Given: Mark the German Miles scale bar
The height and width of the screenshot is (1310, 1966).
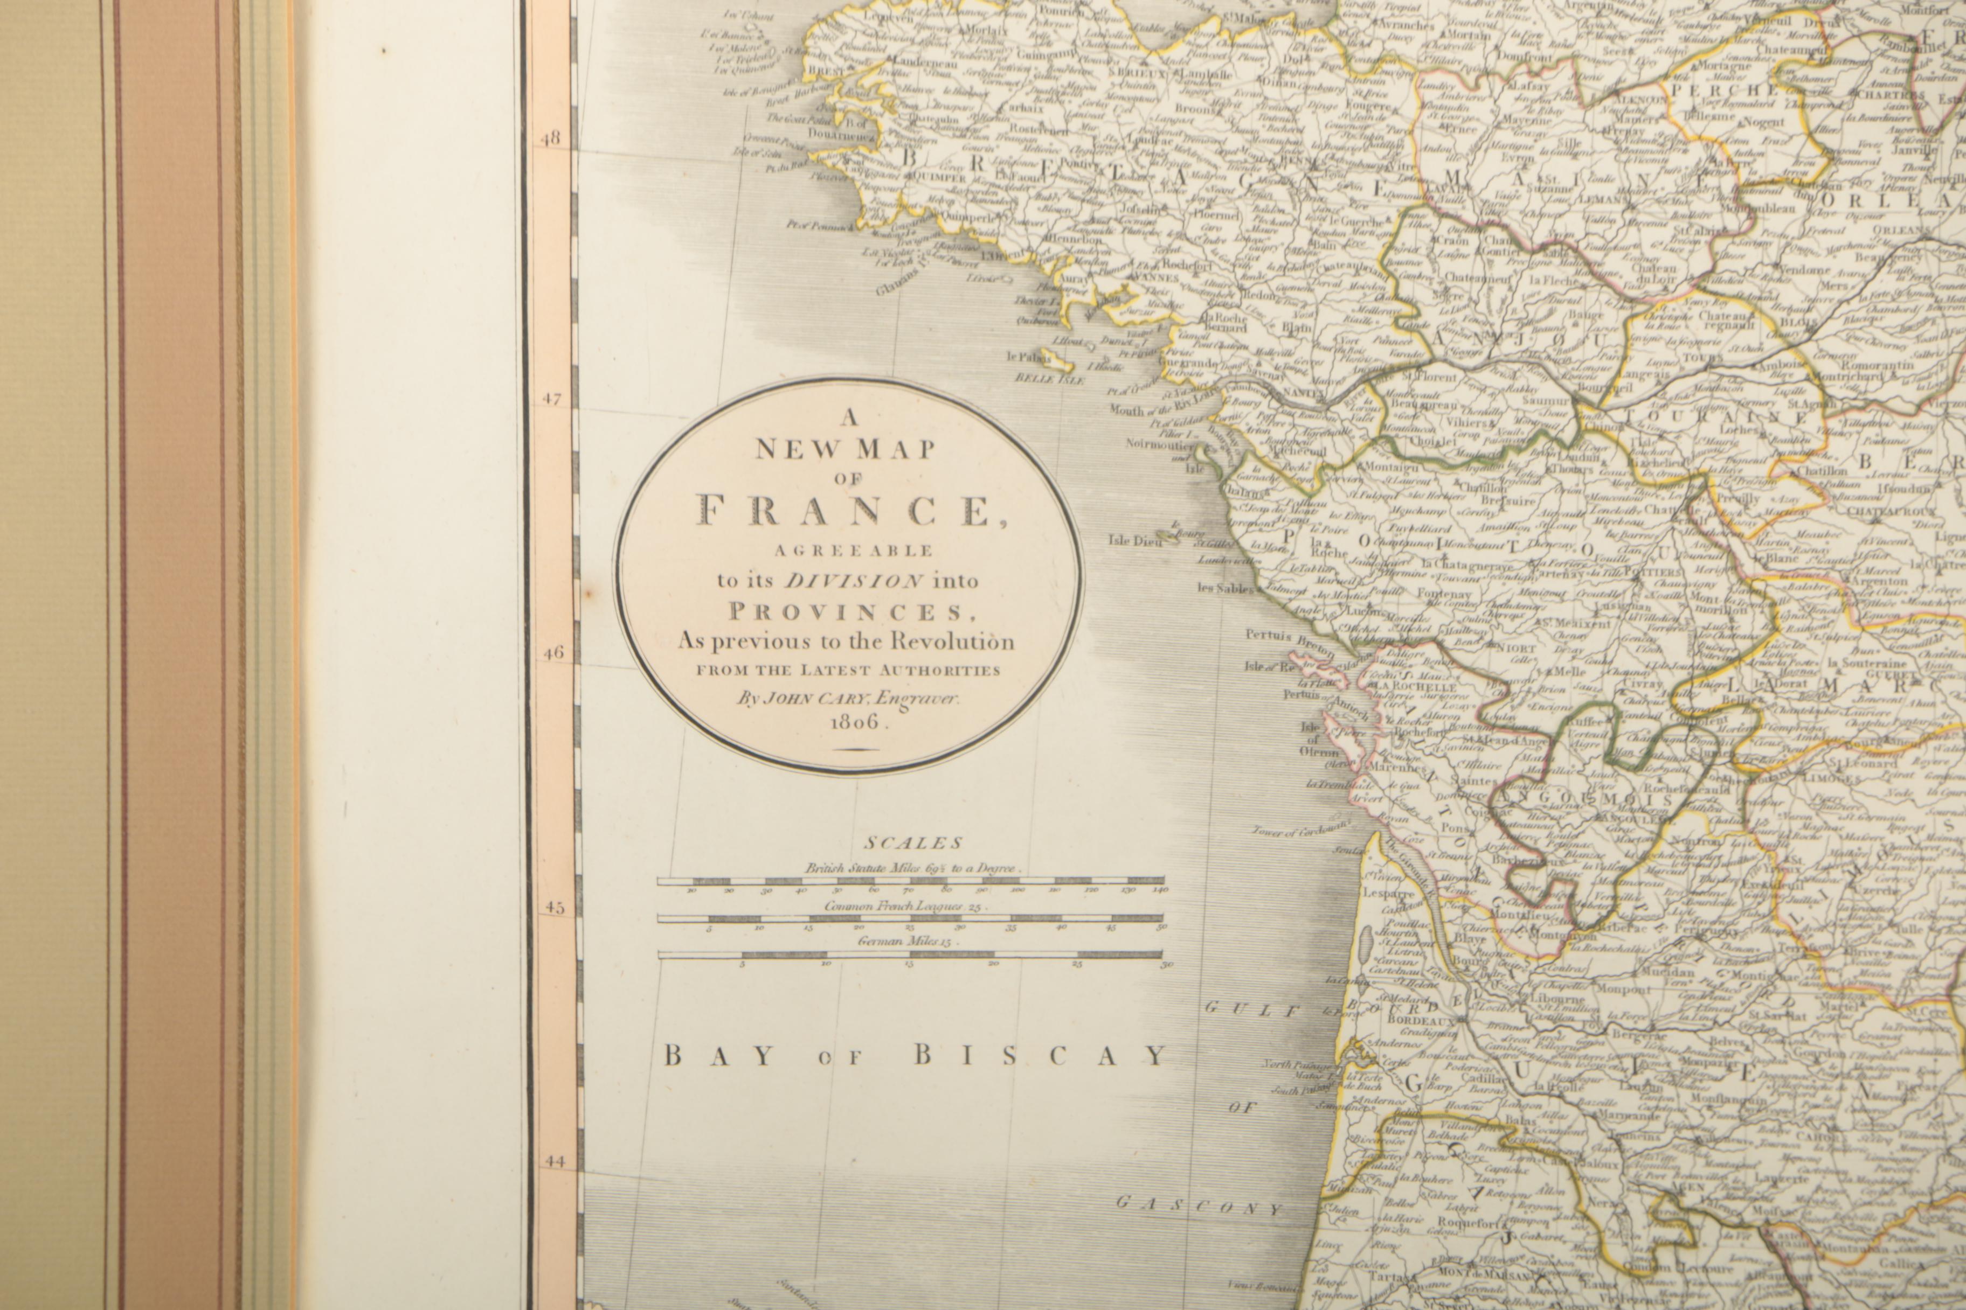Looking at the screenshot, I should [910, 954].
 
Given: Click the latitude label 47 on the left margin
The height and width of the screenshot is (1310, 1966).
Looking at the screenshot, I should [551, 399].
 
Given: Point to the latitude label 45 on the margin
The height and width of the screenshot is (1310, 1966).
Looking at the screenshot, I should [553, 907].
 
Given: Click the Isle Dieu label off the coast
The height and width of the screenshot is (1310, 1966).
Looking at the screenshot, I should [1129, 540].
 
